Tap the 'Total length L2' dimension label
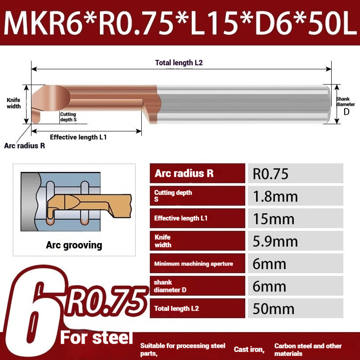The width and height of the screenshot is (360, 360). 179,63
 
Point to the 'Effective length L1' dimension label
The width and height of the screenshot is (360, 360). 78,137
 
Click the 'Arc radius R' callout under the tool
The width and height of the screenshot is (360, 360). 24,146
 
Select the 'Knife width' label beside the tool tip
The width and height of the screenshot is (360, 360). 13,103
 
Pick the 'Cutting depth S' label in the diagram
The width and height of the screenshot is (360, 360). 68,117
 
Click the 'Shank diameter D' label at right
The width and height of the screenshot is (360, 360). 345,104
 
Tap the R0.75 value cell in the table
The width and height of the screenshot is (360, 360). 295,174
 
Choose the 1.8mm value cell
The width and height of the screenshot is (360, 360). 295,196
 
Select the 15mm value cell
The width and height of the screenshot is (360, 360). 295,219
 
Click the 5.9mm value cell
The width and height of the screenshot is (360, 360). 295,241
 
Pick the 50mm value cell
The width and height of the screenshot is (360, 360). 295,309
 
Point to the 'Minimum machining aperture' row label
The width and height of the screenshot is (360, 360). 193,264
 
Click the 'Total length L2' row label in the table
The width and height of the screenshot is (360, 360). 176,309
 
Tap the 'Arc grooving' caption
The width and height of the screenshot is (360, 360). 74,245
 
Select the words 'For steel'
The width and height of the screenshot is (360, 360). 97,337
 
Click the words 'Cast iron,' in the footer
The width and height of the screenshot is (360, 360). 249,349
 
